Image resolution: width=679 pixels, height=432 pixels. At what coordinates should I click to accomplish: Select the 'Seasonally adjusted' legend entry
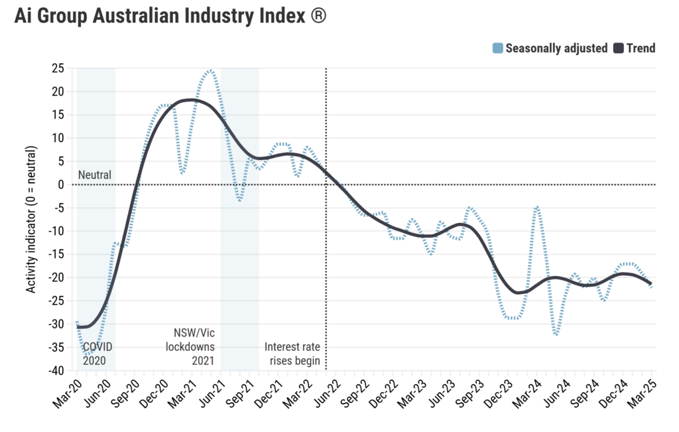(x=556, y=48)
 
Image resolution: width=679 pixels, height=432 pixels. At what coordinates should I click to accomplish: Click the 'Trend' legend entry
(x=641, y=48)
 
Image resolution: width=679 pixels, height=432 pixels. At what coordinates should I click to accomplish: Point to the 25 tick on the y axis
(x=58, y=68)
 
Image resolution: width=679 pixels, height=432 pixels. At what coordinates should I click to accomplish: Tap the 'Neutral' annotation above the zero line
(x=95, y=175)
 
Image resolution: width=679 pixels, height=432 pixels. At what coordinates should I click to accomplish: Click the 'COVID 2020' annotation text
(x=97, y=354)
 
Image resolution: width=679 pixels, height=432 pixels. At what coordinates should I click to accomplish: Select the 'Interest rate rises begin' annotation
(x=292, y=354)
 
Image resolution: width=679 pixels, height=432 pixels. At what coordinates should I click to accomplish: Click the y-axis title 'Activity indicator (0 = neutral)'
(x=31, y=219)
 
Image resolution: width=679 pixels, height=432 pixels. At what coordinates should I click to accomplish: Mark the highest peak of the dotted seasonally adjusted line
(x=210, y=70)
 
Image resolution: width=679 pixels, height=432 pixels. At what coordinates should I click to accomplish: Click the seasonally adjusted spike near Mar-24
(x=536, y=207)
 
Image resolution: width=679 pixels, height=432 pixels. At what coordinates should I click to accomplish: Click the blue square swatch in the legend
(x=497, y=48)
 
